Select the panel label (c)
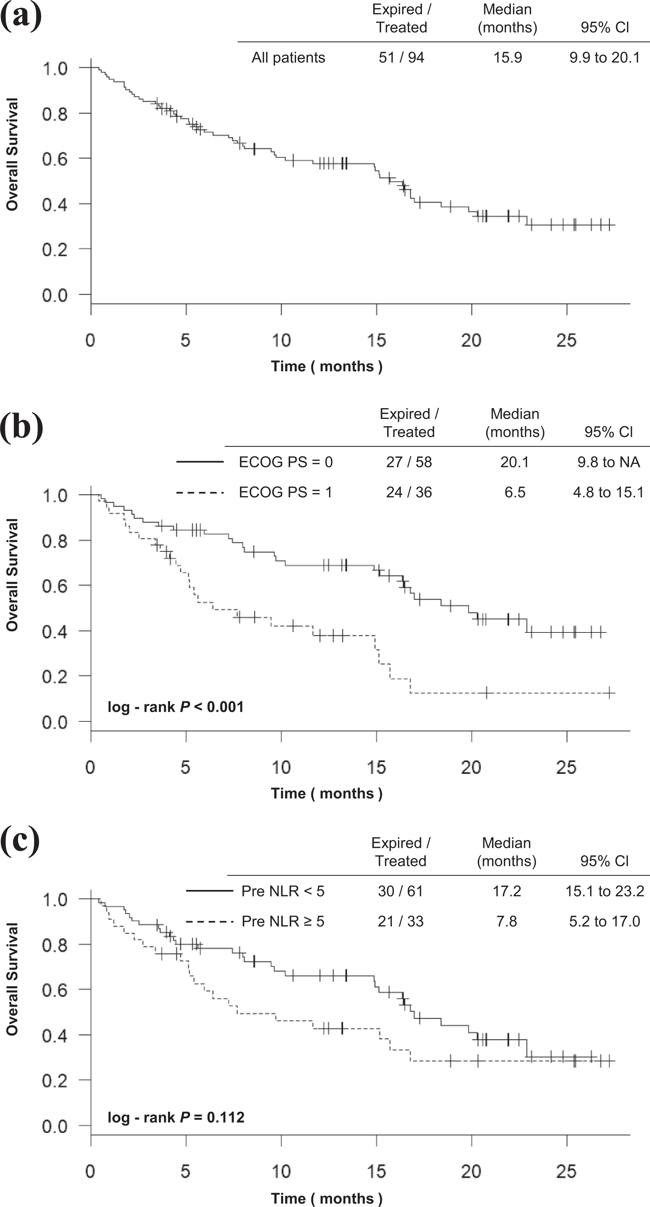pos(20,842)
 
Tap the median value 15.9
pos(508,58)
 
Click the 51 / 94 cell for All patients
pos(401,58)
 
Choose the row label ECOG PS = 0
pos(286,462)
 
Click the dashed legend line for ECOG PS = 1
pos(200,492)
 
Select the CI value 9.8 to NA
pos(608,462)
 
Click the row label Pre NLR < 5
pos(283,891)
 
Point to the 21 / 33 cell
pos(401,922)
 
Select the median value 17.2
pos(507,891)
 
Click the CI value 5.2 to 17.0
pos(605,922)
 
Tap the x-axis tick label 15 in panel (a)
pos(376,341)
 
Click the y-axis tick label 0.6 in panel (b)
pos(55,586)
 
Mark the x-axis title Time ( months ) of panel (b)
pos(327,794)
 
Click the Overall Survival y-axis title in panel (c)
pos(12,979)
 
